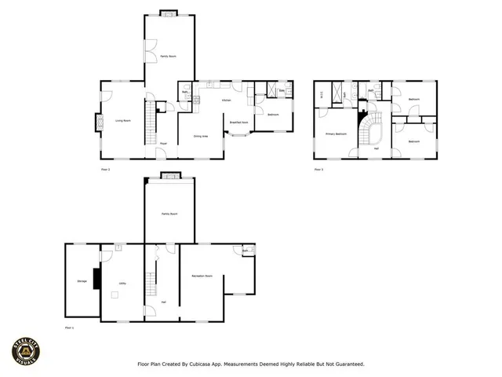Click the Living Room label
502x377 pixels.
123,120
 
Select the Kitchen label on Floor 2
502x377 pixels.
226,101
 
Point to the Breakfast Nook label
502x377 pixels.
239,123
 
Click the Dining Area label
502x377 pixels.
201,137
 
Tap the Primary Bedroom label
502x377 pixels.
336,134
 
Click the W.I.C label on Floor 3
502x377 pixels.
321,95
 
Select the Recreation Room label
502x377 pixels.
203,276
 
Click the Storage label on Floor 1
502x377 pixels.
82,280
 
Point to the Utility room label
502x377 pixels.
122,282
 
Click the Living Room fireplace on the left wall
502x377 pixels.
100,123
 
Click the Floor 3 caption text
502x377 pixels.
318,169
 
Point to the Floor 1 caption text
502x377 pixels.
69,327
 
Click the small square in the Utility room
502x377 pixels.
115,295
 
